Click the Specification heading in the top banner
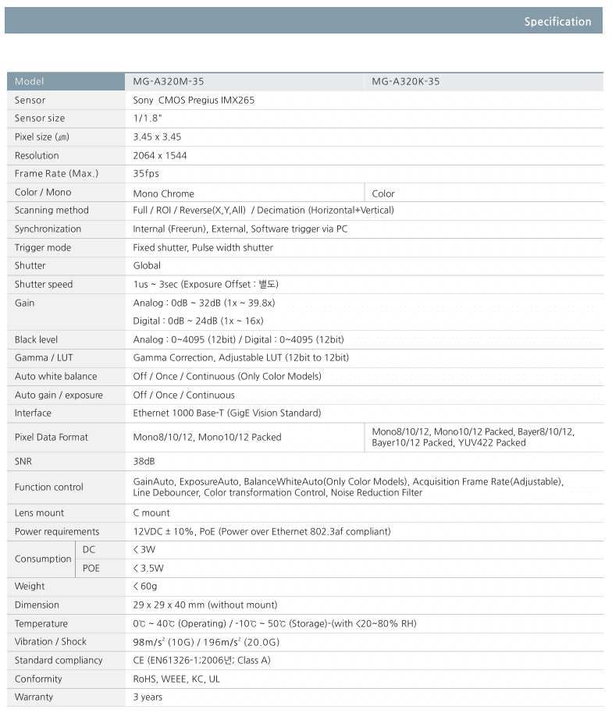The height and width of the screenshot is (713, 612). pyautogui.click(x=557, y=22)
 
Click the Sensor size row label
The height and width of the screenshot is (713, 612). pyautogui.click(x=40, y=119)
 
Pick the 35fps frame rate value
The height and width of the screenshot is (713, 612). pyautogui.click(x=146, y=174)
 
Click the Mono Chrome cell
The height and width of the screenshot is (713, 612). pyautogui.click(x=164, y=193)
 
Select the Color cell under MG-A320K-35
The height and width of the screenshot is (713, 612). pyautogui.click(x=383, y=193)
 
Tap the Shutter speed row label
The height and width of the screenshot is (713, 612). pyautogui.click(x=44, y=285)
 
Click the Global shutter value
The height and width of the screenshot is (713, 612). pyautogui.click(x=147, y=266)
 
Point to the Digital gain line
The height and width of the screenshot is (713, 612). pyautogui.click(x=198, y=321)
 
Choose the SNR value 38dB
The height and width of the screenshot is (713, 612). pyautogui.click(x=144, y=462)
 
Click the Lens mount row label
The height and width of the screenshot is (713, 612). pyautogui.click(x=40, y=513)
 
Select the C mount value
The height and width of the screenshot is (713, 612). pyautogui.click(x=151, y=513)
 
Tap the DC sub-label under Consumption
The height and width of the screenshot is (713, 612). pyautogui.click(x=89, y=550)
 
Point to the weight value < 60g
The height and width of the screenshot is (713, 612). pyautogui.click(x=145, y=587)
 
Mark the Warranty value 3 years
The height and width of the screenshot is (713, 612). pyautogui.click(x=148, y=697)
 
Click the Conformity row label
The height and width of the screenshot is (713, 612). pyautogui.click(x=38, y=679)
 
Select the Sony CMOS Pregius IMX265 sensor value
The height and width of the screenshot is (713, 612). pyautogui.click(x=194, y=101)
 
